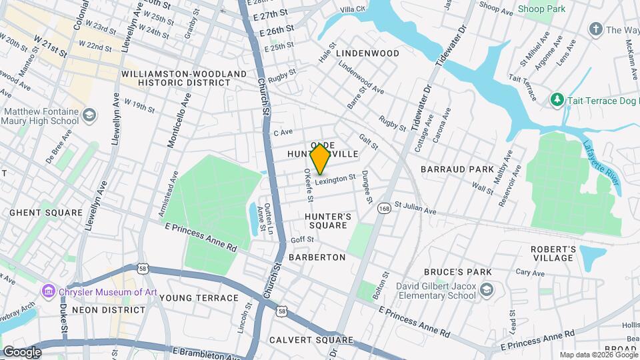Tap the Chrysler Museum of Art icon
click(48, 291)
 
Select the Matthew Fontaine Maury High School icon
click(89, 117)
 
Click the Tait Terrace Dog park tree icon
click(557, 99)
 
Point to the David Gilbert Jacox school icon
click(487, 289)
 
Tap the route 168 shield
click(383, 209)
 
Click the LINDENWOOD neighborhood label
click(367, 53)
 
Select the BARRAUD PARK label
click(457, 169)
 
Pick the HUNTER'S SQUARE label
click(327, 221)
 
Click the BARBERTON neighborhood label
click(317, 257)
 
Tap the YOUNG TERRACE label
click(199, 298)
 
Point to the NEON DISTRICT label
click(108, 310)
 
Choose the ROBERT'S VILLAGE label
click(553, 253)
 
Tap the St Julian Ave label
click(415, 208)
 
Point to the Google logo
click(22, 351)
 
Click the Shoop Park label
click(541, 9)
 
